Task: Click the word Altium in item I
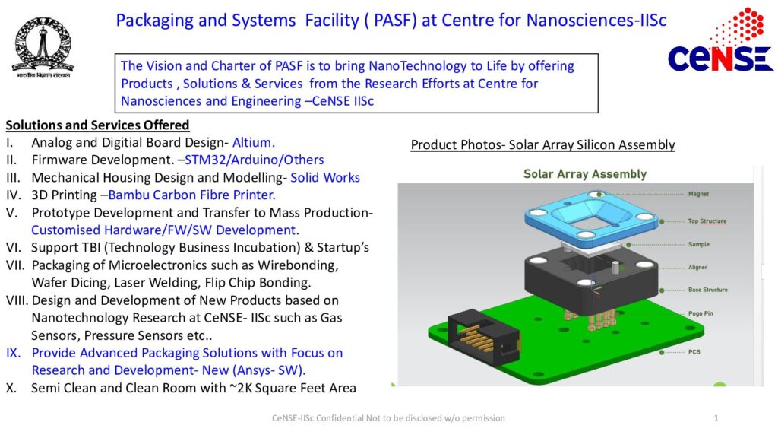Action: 253,142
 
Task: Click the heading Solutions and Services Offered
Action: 97,125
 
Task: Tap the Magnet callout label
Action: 698,194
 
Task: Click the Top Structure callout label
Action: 707,221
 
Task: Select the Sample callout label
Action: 698,244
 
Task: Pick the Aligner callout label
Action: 698,267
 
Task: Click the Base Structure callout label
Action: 707,290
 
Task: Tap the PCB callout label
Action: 694,352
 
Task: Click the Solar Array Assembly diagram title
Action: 584,174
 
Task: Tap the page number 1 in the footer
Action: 716,418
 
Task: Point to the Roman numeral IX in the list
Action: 14,353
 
